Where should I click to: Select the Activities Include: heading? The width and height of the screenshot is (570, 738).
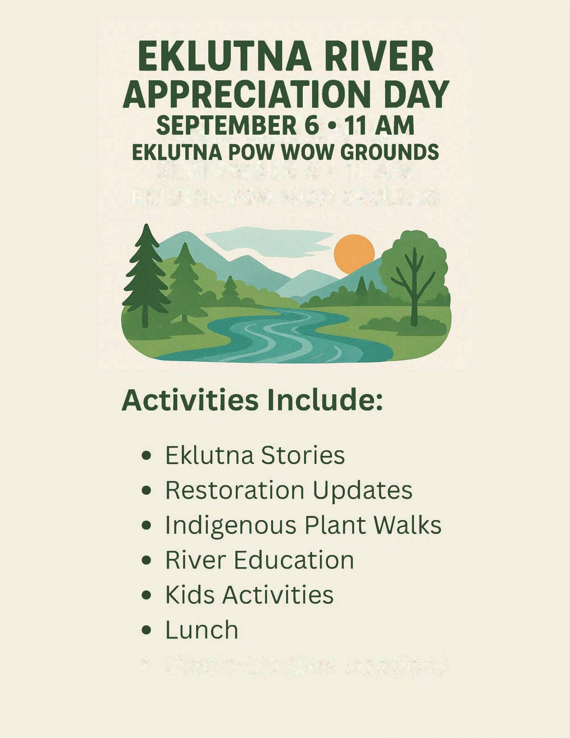pyautogui.click(x=252, y=400)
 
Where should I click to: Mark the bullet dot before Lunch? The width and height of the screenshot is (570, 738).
pyautogui.click(x=146, y=630)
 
